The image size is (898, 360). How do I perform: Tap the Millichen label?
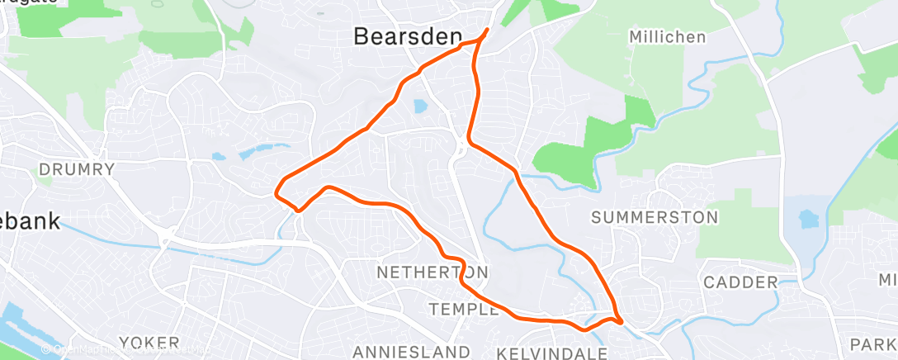(x=667, y=37)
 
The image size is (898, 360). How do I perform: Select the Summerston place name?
(x=655, y=217)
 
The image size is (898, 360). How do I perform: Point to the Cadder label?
(x=740, y=282)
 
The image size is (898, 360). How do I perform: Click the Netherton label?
(x=432, y=272)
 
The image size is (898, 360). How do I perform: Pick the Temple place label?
(x=465, y=309)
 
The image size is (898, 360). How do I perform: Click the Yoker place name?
(x=149, y=342)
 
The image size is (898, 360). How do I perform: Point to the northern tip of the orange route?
(x=486, y=31)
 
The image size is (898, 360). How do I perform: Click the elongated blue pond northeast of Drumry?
(x=256, y=151)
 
